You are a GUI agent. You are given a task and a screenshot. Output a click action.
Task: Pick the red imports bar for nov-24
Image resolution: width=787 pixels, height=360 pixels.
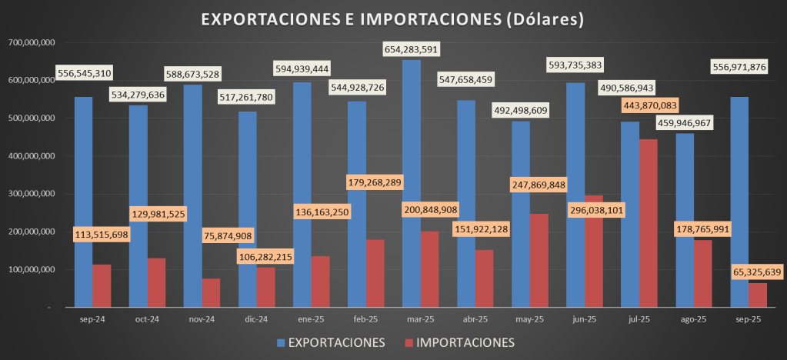click(x=211, y=292)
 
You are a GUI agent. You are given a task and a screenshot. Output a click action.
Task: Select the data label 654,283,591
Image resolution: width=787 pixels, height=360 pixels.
click(x=422, y=50)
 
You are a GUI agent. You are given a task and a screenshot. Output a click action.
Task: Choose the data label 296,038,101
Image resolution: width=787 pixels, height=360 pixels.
click(x=582, y=209)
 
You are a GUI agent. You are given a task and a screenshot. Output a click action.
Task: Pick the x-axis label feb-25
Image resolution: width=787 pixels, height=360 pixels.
click(x=365, y=319)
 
